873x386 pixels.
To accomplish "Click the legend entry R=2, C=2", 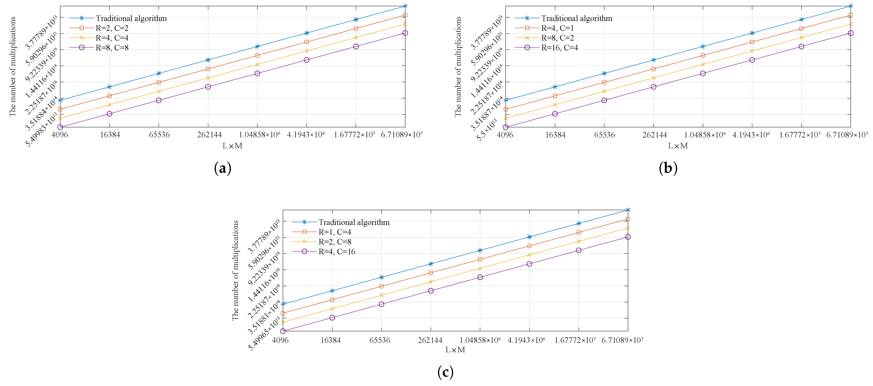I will click(x=112, y=28).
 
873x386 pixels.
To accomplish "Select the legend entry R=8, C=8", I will click(x=112, y=48).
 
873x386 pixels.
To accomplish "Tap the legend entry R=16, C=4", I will click(x=559, y=48).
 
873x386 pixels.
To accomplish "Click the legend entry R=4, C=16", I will click(x=336, y=252).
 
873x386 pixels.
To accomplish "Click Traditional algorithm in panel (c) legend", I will click(x=354, y=222).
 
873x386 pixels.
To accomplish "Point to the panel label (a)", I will click(x=223, y=168).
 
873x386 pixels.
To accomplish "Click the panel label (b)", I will click(x=668, y=168).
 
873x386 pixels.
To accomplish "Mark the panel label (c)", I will click(x=445, y=372).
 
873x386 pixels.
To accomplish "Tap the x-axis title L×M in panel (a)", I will click(x=233, y=146).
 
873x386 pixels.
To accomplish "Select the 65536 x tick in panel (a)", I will click(x=159, y=135).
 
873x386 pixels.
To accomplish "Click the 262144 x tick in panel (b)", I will click(x=654, y=135).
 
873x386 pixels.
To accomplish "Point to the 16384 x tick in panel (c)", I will click(x=331, y=340).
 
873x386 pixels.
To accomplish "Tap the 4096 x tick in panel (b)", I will click(x=505, y=135).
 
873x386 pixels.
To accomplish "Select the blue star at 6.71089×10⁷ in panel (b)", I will click(x=850, y=6).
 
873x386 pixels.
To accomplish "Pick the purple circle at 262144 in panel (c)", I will click(x=431, y=290).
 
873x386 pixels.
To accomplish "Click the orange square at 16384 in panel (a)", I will click(x=109, y=96).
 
